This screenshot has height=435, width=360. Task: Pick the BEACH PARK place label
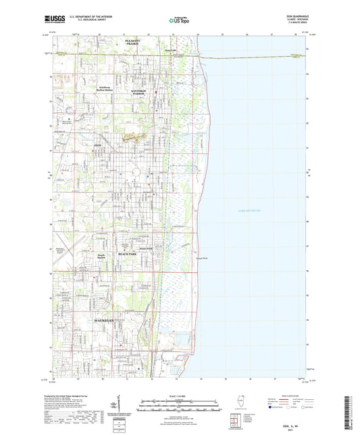pyautogui.click(x=128, y=254)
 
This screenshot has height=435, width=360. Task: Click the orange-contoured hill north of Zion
pyautogui.click(x=138, y=138)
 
